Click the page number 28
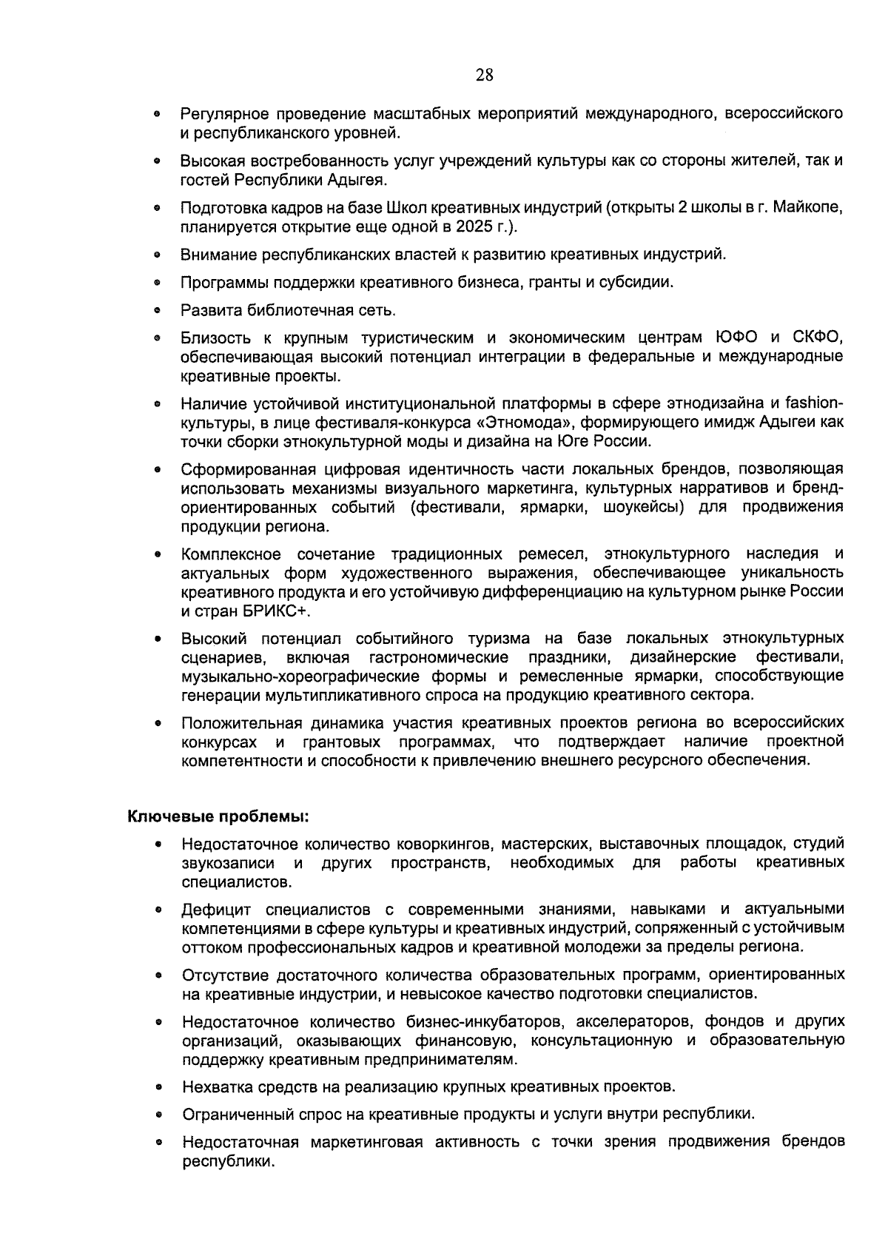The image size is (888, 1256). click(485, 75)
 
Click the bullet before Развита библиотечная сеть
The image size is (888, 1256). click(158, 310)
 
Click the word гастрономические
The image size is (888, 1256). click(439, 657)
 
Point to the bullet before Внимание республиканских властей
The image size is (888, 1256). click(158, 256)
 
